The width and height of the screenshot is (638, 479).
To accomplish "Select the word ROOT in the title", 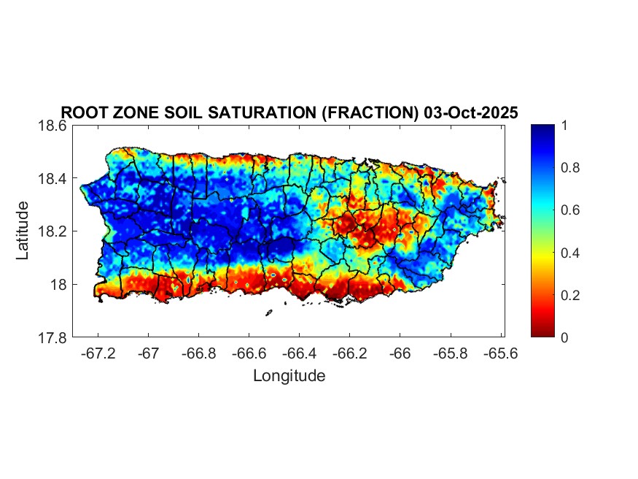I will (x=82, y=112).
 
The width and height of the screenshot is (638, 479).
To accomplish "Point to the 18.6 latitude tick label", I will (x=53, y=126).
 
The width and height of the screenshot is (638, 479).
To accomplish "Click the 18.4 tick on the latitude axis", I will (x=53, y=179).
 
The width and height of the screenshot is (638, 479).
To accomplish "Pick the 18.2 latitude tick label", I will (x=53, y=231).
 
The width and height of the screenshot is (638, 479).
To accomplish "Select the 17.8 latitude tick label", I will (x=53, y=337).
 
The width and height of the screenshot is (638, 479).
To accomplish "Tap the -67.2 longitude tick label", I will (x=98, y=353).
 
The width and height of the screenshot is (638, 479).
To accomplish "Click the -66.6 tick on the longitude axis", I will (x=249, y=353).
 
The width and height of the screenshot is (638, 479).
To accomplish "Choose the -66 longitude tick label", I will (x=400, y=353).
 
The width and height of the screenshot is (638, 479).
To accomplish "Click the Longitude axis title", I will (x=289, y=376).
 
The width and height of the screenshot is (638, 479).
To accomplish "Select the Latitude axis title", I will (x=23, y=231).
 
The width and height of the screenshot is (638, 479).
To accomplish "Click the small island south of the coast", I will (x=268, y=313).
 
